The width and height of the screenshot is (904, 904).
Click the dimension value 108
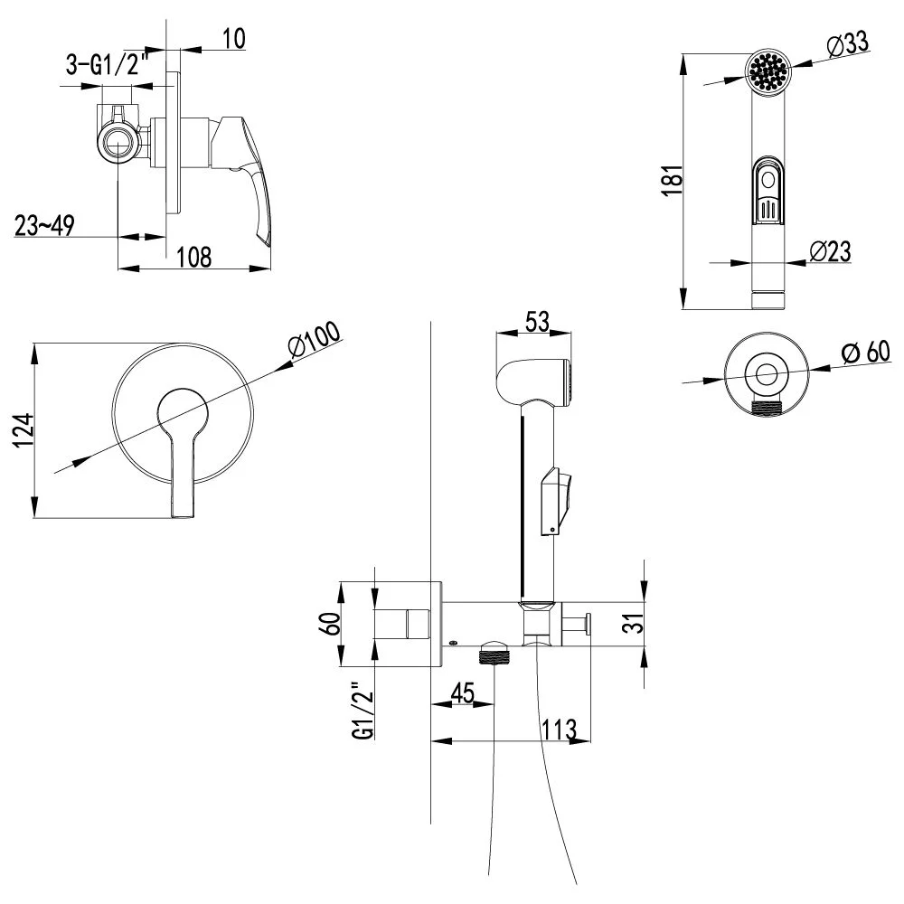click(x=193, y=256)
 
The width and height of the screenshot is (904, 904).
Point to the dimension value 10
click(x=232, y=38)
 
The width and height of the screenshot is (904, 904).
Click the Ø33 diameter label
click(x=847, y=42)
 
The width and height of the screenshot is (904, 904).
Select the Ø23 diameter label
click(x=831, y=251)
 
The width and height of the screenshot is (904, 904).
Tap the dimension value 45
click(x=462, y=693)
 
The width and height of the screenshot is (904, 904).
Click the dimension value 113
click(x=559, y=729)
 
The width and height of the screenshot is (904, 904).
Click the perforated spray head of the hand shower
click(x=767, y=70)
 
